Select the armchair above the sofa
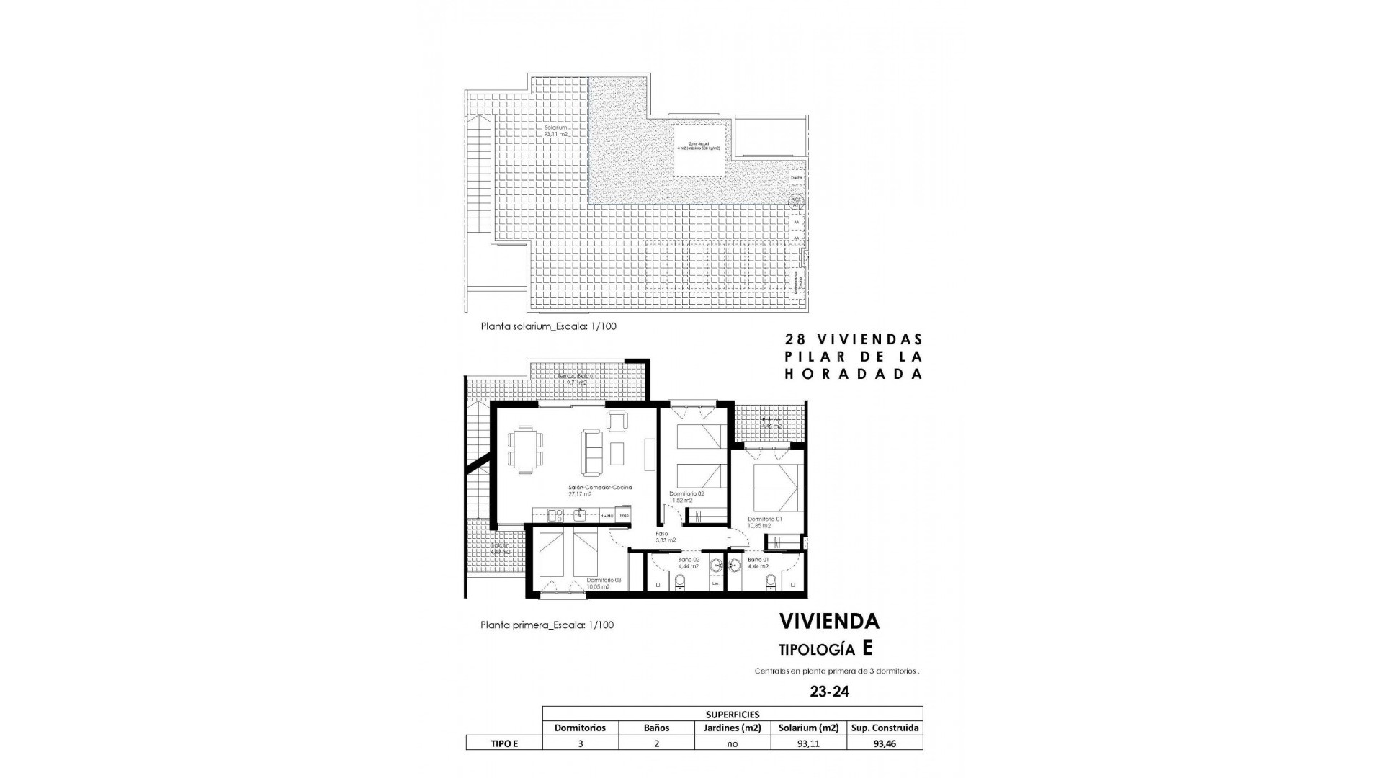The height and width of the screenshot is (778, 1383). [617, 421]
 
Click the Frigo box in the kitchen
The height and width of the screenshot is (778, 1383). [625, 516]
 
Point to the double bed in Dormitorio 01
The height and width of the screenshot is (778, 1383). [778, 487]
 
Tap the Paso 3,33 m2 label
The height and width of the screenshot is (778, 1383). [666, 537]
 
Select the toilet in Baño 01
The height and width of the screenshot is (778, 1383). [770, 581]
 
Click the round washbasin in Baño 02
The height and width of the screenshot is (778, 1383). [717, 565]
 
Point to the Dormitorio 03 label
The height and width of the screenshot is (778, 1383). [603, 583]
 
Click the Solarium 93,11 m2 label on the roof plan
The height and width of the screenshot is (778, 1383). [557, 131]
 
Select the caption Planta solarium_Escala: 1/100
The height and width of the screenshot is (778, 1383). [548, 326]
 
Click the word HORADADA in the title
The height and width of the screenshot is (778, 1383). [852, 374]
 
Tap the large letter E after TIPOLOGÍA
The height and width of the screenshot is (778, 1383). [867, 648]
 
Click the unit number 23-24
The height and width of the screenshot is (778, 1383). [829, 692]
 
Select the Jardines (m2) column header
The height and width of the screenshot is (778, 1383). [732, 728]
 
